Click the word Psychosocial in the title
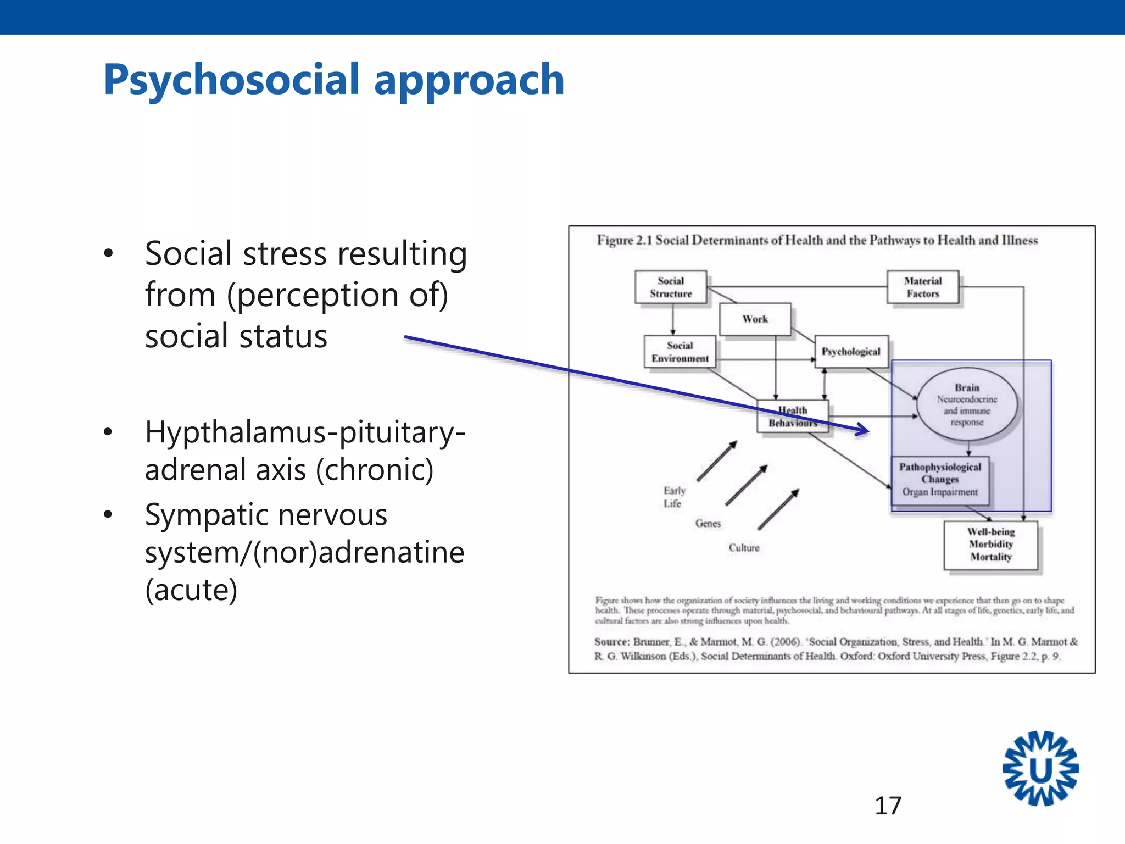(231, 80)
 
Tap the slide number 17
(888, 806)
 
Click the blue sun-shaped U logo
(1040, 769)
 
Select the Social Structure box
(671, 287)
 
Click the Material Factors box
(923, 287)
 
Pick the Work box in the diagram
(755, 319)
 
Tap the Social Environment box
(680, 352)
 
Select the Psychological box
(851, 352)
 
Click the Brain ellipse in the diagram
(967, 404)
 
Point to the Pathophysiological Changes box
(940, 480)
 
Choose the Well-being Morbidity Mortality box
(991, 545)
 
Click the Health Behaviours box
(793, 417)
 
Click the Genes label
(708, 524)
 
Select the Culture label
(744, 548)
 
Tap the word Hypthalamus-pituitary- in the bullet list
(305, 432)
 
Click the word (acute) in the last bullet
(191, 590)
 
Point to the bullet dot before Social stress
(108, 253)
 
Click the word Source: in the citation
(611, 642)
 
